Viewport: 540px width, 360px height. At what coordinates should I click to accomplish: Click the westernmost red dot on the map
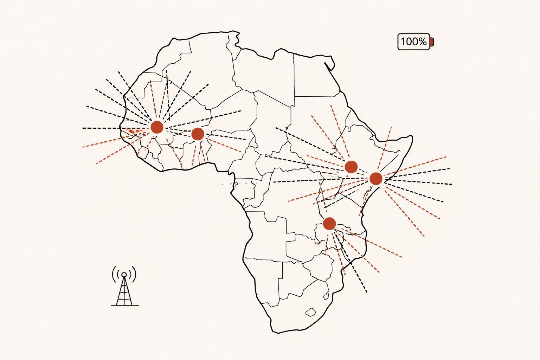click(157, 127)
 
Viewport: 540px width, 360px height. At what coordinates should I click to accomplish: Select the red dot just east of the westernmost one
click(198, 134)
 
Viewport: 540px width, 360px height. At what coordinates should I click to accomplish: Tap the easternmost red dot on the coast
click(376, 179)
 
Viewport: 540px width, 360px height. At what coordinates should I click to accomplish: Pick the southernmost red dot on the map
click(329, 223)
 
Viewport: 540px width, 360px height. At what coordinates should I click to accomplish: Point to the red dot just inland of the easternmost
click(351, 167)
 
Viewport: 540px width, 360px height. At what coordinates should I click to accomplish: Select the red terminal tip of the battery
click(432, 42)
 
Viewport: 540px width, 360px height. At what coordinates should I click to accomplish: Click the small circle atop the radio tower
click(124, 274)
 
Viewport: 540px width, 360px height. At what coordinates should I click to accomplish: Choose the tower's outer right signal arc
click(135, 274)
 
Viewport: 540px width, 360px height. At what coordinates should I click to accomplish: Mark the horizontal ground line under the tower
click(124, 305)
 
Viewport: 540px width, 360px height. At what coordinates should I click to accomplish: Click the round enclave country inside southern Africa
click(310, 311)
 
